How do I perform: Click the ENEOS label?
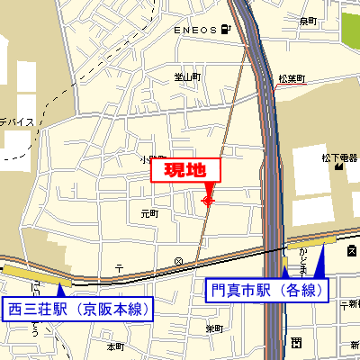(195, 31)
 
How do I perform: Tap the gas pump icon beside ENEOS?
(224, 31)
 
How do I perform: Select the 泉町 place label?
(308, 21)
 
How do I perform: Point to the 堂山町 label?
(188, 77)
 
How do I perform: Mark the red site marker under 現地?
(208, 201)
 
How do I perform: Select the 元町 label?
(149, 214)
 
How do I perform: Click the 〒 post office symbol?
(119, 267)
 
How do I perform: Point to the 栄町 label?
(213, 328)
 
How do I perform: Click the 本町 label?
(115, 346)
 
